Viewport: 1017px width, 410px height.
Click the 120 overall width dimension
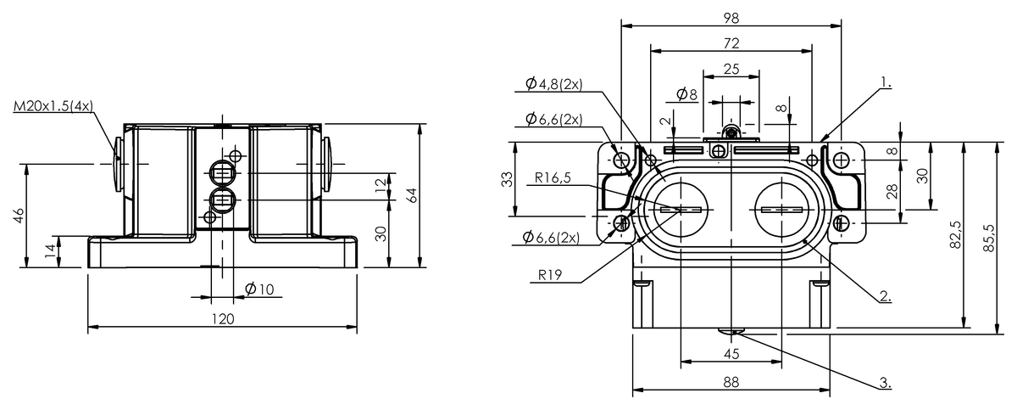(222, 319)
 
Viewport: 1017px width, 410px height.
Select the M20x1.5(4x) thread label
(53, 106)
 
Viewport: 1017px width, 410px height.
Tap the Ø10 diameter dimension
(258, 289)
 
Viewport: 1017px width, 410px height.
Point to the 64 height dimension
(413, 194)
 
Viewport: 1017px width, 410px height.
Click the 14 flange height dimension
(49, 250)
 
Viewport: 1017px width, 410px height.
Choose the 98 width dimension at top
(731, 18)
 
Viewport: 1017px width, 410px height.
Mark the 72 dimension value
(731, 42)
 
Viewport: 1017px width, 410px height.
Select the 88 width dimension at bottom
(731, 383)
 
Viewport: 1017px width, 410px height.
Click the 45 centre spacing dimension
(731, 353)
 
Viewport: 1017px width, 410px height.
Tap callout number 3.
(884, 383)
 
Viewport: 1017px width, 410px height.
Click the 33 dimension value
(507, 179)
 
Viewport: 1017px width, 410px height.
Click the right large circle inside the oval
(781, 210)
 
